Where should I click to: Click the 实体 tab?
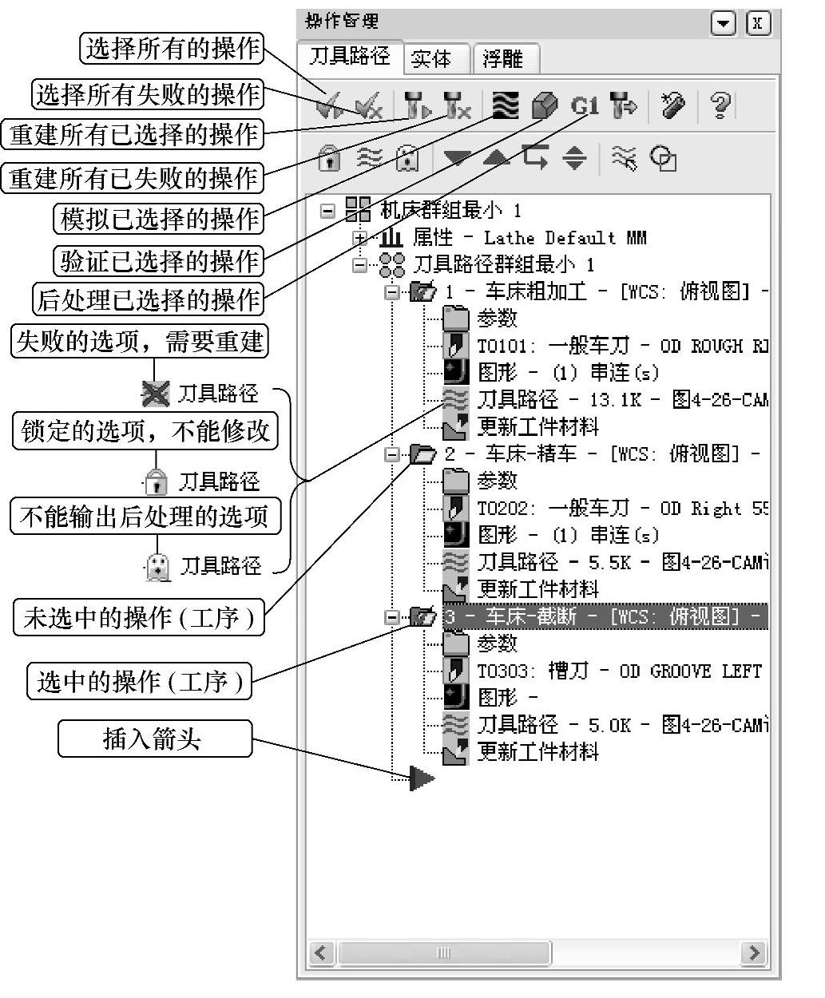point(431,58)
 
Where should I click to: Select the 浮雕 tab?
point(503,58)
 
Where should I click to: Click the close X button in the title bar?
point(758,23)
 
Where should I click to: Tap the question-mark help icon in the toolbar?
point(720,105)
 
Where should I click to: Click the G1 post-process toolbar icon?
point(585,105)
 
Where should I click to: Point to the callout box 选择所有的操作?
point(173,49)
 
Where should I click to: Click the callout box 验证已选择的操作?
point(160,260)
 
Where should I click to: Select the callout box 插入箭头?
point(154,739)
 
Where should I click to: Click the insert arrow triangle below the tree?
point(422,778)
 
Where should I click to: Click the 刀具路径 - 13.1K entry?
point(559,399)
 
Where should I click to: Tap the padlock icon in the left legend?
point(156,481)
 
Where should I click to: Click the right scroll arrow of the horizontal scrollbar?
point(752,952)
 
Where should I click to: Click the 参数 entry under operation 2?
point(497,481)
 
